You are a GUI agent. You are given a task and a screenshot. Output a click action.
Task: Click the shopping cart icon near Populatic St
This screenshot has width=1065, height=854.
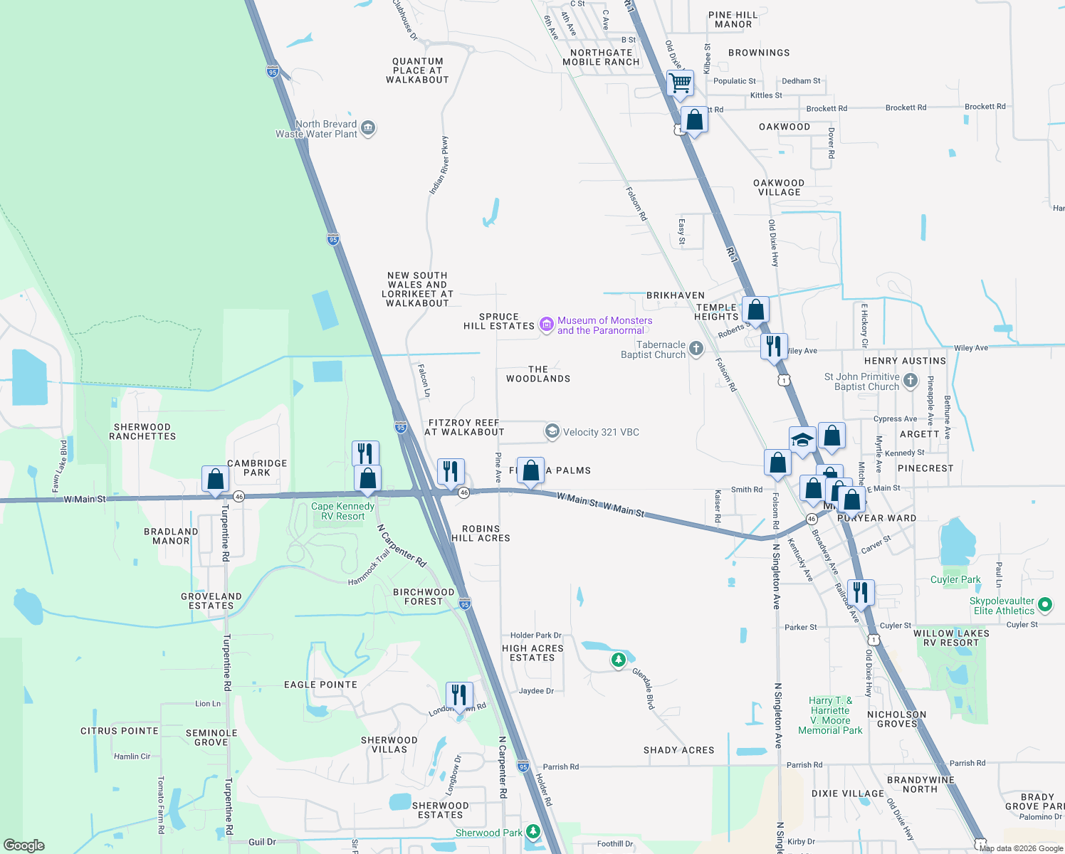point(680,83)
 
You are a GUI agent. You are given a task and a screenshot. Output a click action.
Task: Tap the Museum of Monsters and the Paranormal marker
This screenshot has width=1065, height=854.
point(547,325)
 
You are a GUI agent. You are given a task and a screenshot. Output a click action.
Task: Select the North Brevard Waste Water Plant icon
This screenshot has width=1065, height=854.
point(368,128)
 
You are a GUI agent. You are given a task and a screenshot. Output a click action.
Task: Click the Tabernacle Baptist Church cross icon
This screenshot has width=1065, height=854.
point(696,349)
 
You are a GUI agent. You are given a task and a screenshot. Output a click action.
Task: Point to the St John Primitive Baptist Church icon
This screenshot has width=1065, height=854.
point(911,381)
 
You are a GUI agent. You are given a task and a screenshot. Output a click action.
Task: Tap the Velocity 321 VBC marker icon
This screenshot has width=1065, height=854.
point(552,431)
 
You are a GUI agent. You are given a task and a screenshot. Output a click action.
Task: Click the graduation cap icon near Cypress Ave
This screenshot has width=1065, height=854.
point(802,440)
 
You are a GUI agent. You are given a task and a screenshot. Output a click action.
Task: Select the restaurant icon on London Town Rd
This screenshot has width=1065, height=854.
point(459,695)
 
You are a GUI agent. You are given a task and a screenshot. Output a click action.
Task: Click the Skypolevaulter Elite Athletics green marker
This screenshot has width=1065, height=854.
point(1045,605)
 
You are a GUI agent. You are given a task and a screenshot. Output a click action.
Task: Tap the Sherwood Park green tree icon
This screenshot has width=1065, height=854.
point(533,832)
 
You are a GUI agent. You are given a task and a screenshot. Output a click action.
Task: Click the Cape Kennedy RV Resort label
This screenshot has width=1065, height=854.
point(342,511)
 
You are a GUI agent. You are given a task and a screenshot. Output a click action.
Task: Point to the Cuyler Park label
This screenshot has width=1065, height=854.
point(955,579)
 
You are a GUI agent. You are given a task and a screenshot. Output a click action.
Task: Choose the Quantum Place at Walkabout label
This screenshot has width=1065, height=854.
point(417,70)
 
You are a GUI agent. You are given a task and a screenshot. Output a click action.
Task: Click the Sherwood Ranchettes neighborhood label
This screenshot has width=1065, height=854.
point(142,431)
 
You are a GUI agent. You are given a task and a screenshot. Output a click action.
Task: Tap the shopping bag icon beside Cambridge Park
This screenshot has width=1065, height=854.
point(215,480)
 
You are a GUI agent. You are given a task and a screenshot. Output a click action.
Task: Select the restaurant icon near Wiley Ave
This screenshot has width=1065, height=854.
point(773,347)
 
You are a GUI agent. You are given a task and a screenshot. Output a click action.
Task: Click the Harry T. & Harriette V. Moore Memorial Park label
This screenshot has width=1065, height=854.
point(830,715)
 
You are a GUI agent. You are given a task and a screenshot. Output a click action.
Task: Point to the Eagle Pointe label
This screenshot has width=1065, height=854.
point(320,685)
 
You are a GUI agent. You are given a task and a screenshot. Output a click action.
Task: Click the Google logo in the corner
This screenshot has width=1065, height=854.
point(23,845)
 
